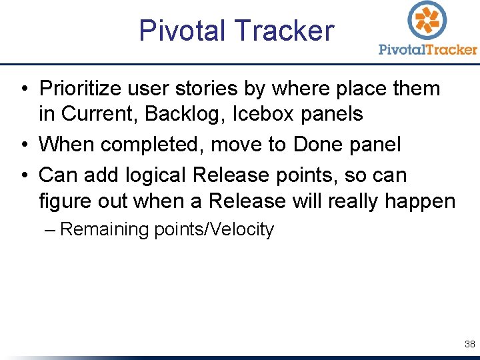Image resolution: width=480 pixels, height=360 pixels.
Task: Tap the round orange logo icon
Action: point(427,19)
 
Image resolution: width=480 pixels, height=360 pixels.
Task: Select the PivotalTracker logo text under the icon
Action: point(427,49)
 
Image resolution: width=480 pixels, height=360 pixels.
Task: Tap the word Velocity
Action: point(241,230)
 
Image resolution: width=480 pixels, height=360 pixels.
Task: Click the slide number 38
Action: point(469,345)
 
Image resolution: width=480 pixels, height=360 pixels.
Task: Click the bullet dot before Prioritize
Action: point(23,89)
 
